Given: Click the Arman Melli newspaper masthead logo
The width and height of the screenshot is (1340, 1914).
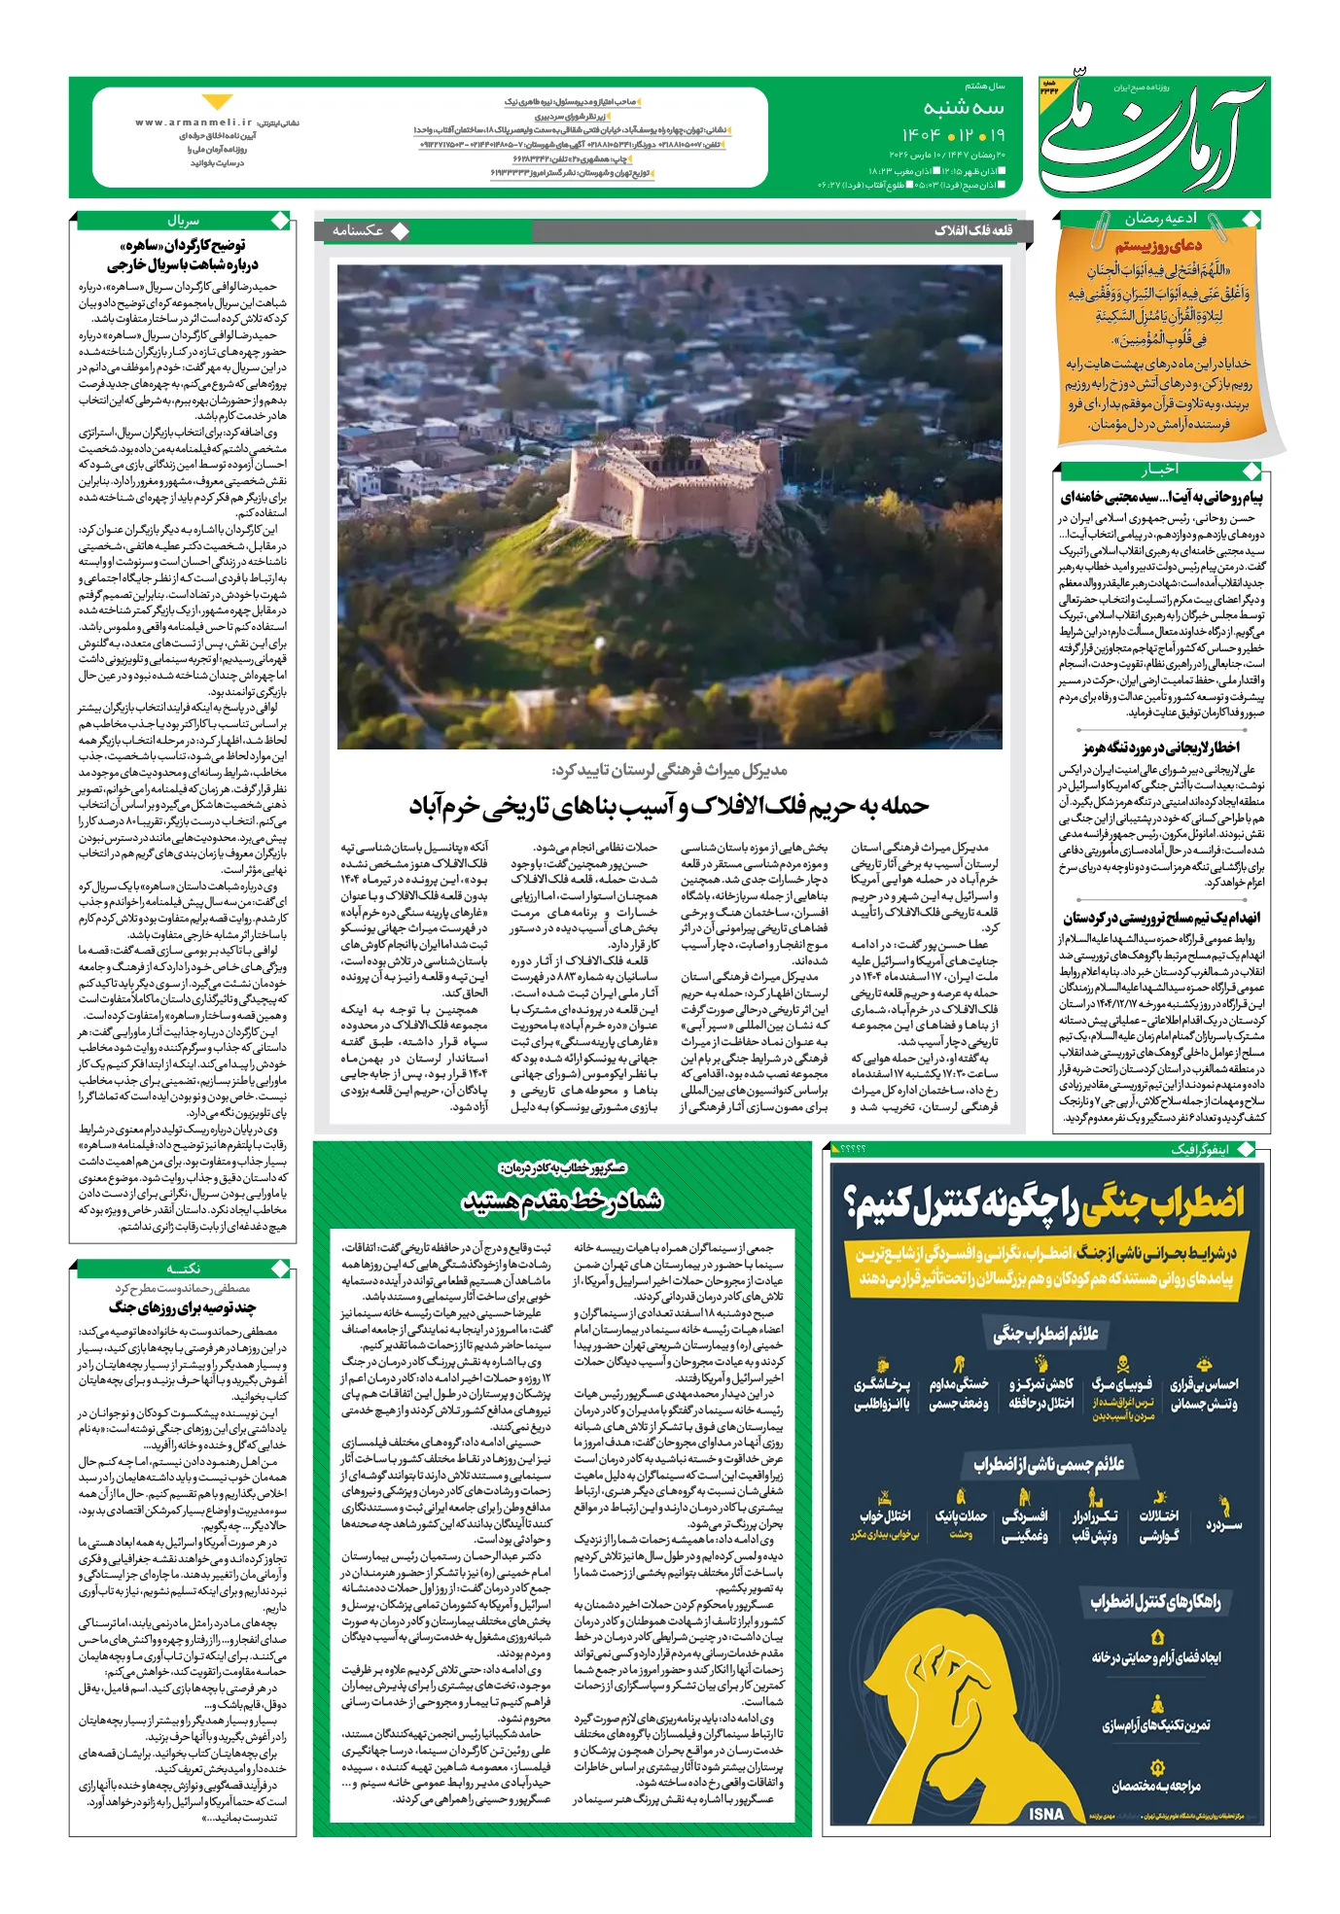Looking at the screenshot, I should (1153, 136).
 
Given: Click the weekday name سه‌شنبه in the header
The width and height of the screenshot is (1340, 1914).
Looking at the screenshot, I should (963, 108).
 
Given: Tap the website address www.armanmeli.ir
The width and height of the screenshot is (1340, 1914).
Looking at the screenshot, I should (194, 123).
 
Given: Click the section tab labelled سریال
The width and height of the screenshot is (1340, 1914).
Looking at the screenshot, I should (183, 221).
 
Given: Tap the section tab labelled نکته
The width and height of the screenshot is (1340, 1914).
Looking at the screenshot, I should (183, 1269).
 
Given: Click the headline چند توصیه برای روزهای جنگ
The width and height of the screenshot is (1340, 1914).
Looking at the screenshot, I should (183, 1307).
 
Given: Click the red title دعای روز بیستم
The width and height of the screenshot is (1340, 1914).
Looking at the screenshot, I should (1158, 245).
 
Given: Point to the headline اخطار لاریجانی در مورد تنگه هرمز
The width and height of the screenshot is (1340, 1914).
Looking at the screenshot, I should (1161, 748).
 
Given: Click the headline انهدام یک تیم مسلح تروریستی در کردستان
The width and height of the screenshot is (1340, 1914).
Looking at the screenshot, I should (1161, 918).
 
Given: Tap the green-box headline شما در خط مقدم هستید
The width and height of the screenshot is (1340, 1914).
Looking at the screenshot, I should (562, 1201).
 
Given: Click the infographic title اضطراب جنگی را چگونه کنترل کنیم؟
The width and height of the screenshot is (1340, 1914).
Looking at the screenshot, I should (1045, 1203).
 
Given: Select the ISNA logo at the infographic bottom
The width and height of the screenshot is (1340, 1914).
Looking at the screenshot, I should (1046, 1814).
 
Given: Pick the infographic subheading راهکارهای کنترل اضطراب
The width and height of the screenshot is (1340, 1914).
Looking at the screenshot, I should (1155, 1601).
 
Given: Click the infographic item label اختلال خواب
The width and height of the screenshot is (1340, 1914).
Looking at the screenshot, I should (885, 1515).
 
